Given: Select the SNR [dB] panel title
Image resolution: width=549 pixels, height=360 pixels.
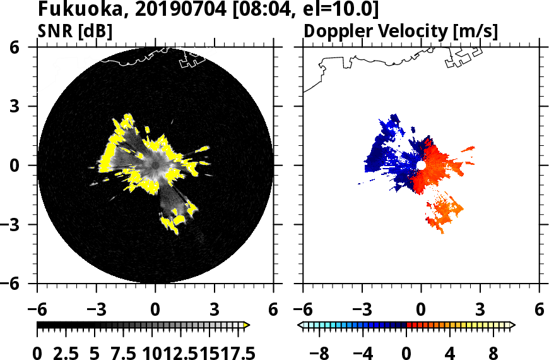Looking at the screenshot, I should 75,31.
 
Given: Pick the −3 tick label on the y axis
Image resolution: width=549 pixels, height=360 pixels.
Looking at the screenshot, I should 14,224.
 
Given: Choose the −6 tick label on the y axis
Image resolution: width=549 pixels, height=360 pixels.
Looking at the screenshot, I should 14,284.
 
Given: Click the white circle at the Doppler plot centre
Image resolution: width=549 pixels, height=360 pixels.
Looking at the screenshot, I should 421,165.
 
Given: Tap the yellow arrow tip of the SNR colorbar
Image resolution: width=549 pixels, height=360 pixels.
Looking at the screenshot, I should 247,325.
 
